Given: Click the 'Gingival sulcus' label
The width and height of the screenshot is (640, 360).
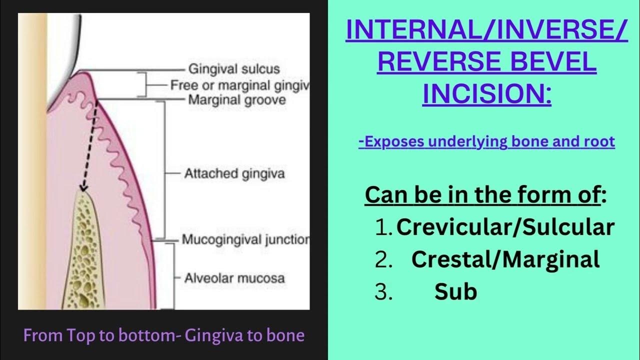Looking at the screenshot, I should point(233,69).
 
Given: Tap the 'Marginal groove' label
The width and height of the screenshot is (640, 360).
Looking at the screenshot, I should point(236,100).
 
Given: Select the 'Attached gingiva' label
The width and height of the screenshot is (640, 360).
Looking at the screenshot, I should point(234,174).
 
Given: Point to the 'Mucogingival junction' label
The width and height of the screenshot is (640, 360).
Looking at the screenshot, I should point(245,239).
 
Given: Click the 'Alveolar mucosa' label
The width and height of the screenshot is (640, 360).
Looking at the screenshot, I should point(234,278).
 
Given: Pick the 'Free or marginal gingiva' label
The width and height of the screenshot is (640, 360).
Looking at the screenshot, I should point(239,85).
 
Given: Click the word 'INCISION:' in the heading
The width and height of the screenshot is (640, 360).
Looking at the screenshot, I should point(487,93).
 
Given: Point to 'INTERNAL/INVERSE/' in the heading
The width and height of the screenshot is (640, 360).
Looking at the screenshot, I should point(486,31).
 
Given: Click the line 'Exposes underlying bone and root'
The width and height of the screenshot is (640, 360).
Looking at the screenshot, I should point(486,142).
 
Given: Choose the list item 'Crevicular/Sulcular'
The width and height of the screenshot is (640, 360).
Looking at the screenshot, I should point(505,227).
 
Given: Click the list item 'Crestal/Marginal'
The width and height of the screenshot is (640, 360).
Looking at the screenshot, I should point(505,259).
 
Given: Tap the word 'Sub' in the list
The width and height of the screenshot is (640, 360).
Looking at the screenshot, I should point(455,291).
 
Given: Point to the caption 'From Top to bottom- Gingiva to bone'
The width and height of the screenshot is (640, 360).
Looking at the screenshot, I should point(164,335).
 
